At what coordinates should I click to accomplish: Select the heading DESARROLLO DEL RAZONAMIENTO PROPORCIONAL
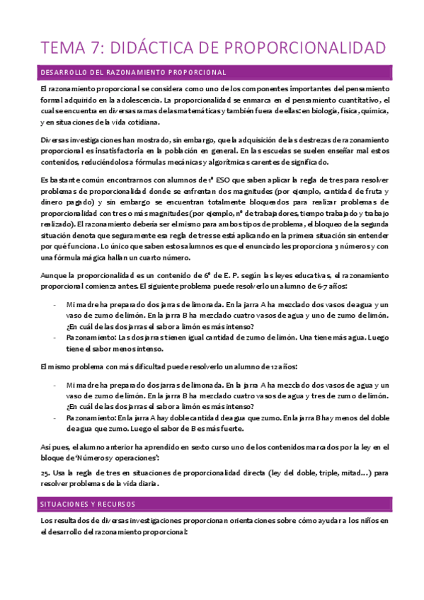tap(133, 72)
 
